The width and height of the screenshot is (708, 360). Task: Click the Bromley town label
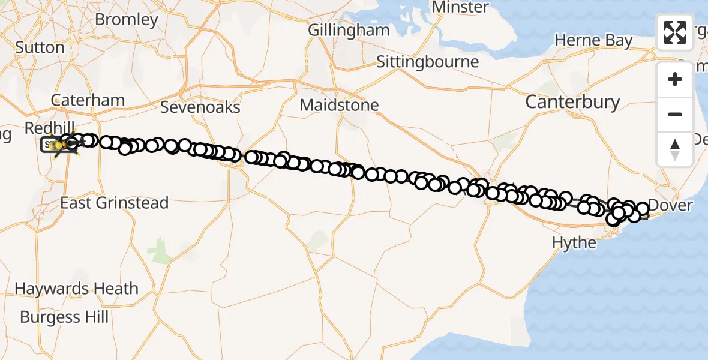126,19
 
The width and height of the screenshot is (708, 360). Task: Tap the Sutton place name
40,47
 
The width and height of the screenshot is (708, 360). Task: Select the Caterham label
88,100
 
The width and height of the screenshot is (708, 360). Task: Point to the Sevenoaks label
200,107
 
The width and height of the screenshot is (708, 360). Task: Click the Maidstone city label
339,105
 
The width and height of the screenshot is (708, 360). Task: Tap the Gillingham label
349,30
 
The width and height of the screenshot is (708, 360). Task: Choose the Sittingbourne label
428,62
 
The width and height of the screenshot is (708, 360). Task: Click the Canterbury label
572,102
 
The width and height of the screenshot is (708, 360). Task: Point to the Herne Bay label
593,40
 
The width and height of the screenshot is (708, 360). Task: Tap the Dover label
671,206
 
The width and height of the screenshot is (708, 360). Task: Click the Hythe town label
575,243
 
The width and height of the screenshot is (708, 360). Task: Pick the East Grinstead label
114,203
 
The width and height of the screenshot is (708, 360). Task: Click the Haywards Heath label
76,289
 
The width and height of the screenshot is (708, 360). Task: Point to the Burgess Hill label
64,316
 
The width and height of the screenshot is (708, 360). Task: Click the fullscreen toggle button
675,32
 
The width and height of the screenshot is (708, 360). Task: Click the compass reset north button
675,149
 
